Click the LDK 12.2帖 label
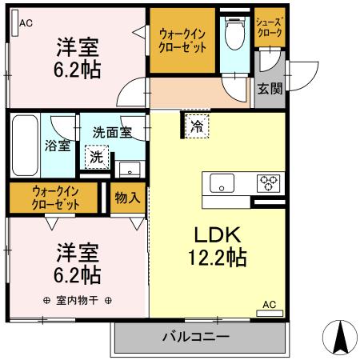click(x=212, y=246)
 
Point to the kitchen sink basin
click(x=222, y=184)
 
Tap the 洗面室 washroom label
click(x=111, y=132)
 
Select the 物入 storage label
click(x=126, y=198)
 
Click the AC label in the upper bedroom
click(x=26, y=22)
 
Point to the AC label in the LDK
click(x=269, y=305)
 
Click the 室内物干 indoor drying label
click(x=78, y=301)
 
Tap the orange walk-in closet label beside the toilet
click(x=183, y=40)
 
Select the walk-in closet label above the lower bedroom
click(x=56, y=198)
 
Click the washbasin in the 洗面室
click(x=128, y=169)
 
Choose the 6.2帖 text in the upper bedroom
click(x=78, y=69)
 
